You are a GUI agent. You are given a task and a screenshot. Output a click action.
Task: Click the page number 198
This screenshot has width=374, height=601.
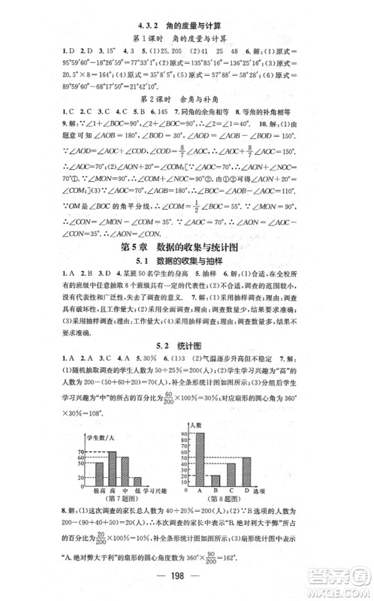tap(186, 582)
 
